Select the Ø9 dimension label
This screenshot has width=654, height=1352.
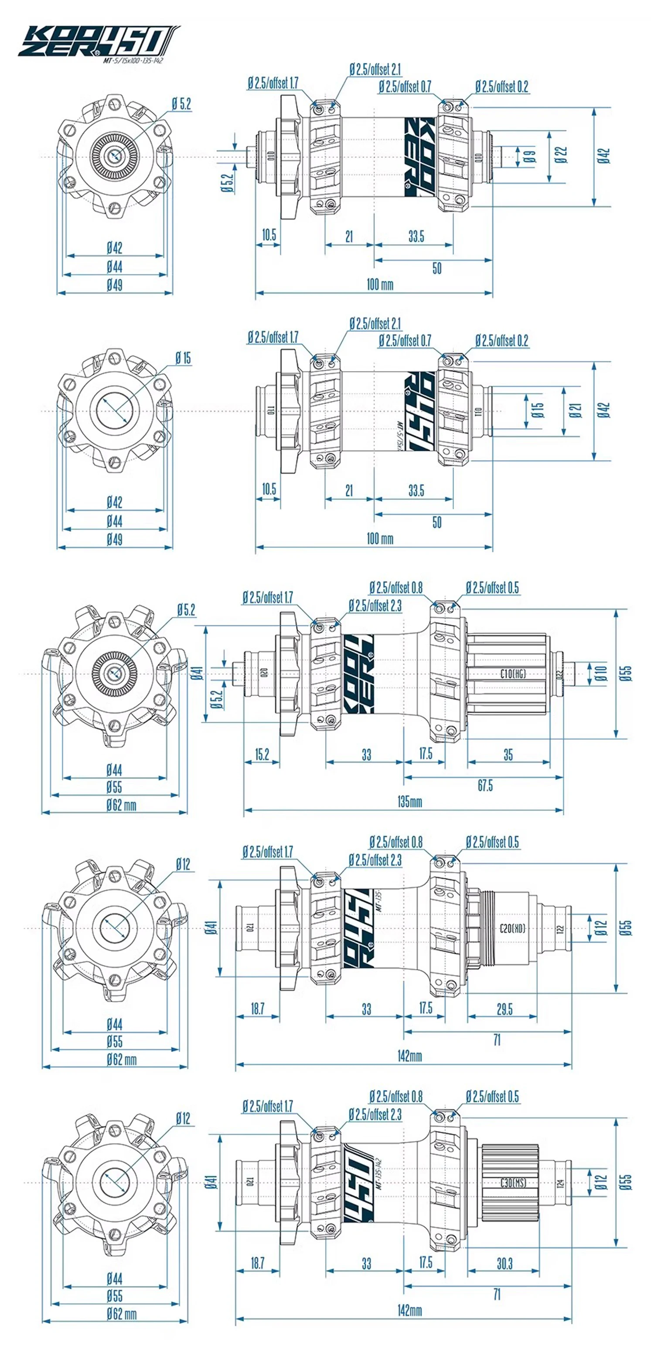pos(530,156)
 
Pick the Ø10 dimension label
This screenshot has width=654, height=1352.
pos(600,673)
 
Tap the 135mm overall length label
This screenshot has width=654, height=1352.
pos(409,802)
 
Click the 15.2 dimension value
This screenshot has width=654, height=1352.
pos(262,754)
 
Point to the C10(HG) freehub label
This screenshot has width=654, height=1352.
pos(513,673)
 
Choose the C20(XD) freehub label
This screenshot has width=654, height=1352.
pos(512,928)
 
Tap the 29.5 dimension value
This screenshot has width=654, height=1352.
pos(504,1009)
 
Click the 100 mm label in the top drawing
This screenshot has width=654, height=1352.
pos(379,284)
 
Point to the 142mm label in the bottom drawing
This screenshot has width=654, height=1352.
pos(409,1311)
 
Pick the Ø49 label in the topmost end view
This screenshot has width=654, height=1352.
pos(114,285)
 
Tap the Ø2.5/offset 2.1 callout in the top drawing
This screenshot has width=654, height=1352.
pos(375,69)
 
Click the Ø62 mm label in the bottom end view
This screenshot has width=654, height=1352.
pos(121,1314)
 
